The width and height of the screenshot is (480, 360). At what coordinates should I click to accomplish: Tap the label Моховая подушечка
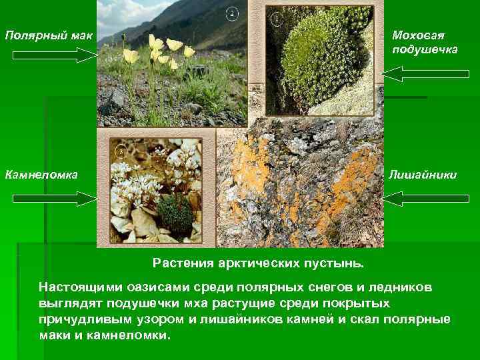pyautogui.click(x=425, y=42)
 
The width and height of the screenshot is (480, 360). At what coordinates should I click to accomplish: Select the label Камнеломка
pyautogui.click(x=41, y=175)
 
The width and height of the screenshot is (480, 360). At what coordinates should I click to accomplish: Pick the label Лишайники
pyautogui.click(x=424, y=175)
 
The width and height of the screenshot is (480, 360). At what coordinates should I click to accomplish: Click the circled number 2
pyautogui.click(x=232, y=13)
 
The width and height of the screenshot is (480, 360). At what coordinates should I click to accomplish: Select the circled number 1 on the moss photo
pyautogui.click(x=275, y=18)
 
